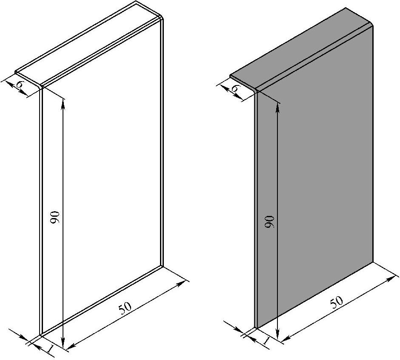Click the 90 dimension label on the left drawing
click(55, 217)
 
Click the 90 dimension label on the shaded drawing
click(269, 222)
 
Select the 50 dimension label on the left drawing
click(125, 308)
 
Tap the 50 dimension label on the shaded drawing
click(336, 302)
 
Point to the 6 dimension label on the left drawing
click(20, 84)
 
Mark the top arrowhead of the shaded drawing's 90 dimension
click(278, 107)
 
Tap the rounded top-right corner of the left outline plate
click(162, 18)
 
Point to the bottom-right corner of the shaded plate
click(373, 261)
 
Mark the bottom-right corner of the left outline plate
click(163, 266)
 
